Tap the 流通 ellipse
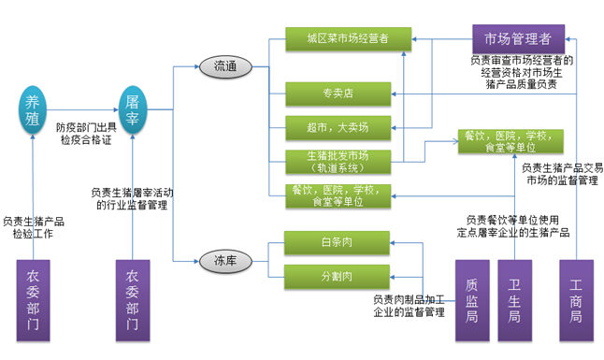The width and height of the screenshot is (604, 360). pyautogui.click(x=225, y=66)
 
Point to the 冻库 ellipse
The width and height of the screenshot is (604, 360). pyautogui.click(x=225, y=261)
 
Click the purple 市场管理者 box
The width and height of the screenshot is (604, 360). pyautogui.click(x=516, y=39)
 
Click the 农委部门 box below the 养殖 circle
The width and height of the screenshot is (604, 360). pyautogui.click(x=33, y=300)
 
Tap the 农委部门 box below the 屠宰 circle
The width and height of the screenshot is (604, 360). pyautogui.click(x=133, y=300)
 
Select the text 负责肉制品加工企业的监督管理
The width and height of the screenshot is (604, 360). pyautogui.click(x=408, y=306)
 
